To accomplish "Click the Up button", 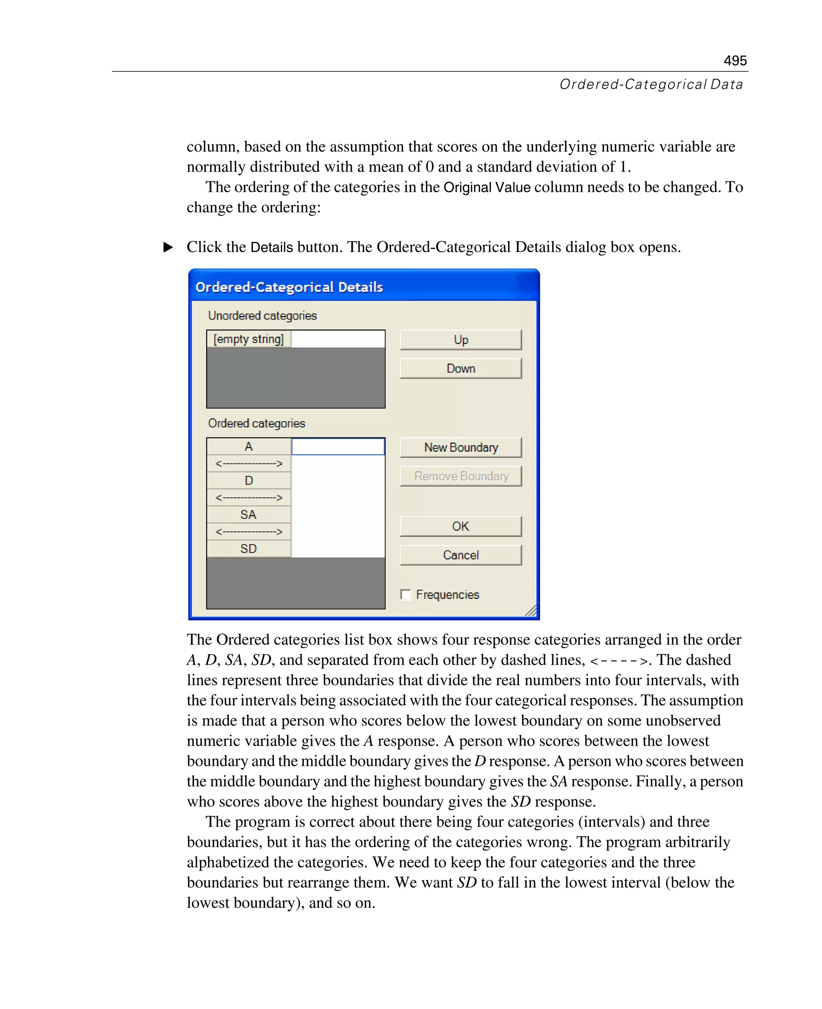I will (460, 340).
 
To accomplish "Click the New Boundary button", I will (460, 447).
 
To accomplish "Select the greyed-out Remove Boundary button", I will (460, 476).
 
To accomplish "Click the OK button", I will (460, 526).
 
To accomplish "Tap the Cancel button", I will (460, 555).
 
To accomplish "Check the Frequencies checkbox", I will (405, 594).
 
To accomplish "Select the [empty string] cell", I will (248, 339).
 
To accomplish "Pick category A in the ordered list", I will (248, 446).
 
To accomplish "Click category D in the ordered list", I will (248, 480).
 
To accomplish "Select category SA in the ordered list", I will (248, 515).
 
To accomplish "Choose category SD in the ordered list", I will (248, 549).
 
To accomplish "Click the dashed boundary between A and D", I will (248, 464).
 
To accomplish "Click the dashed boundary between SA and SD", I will (248, 532).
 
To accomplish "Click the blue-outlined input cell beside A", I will (338, 446).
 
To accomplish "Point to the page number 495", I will (735, 61).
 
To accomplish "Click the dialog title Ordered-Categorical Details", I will (289, 287).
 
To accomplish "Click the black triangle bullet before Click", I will (168, 247).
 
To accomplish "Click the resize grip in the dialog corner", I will (531, 611).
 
